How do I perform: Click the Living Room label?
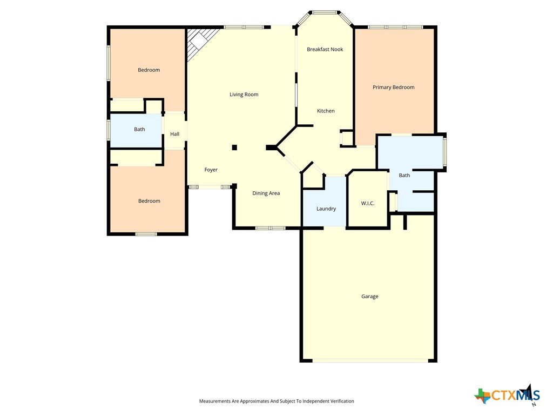(244, 94)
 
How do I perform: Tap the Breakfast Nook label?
(325, 49)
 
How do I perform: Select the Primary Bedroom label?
(394, 87)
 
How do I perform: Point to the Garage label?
(369, 297)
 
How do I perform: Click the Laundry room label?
(326, 209)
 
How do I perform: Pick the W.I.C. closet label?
(367, 203)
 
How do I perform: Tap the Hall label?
(174, 134)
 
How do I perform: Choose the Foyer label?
(211, 170)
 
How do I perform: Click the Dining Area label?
(266, 193)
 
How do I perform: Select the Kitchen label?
(326, 111)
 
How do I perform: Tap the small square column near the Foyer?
(234, 148)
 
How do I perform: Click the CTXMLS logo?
(508, 394)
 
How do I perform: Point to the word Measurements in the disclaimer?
(214, 401)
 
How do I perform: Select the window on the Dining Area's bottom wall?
(271, 229)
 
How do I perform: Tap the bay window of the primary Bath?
(445, 152)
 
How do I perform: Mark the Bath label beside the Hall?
(139, 129)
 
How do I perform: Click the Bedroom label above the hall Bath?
(149, 70)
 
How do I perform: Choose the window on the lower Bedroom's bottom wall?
(146, 234)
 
